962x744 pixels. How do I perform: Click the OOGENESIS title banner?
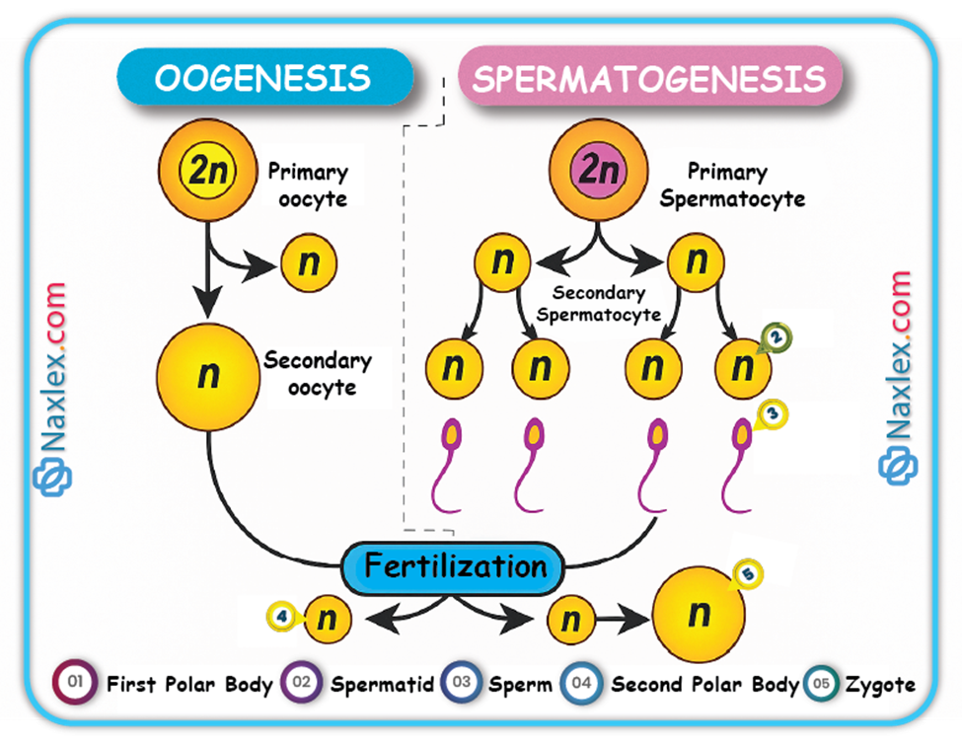tap(263, 77)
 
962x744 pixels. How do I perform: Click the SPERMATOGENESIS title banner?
tap(648, 78)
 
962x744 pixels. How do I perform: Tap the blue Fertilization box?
tap(453, 566)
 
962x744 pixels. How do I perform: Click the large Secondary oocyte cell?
tap(208, 375)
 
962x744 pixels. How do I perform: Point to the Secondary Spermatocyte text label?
tap(598, 304)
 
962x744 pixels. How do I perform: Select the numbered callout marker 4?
tap(281, 618)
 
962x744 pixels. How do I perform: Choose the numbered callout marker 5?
tap(748, 573)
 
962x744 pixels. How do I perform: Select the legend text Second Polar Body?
tap(704, 684)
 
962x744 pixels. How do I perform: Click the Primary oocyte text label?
tap(308, 184)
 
